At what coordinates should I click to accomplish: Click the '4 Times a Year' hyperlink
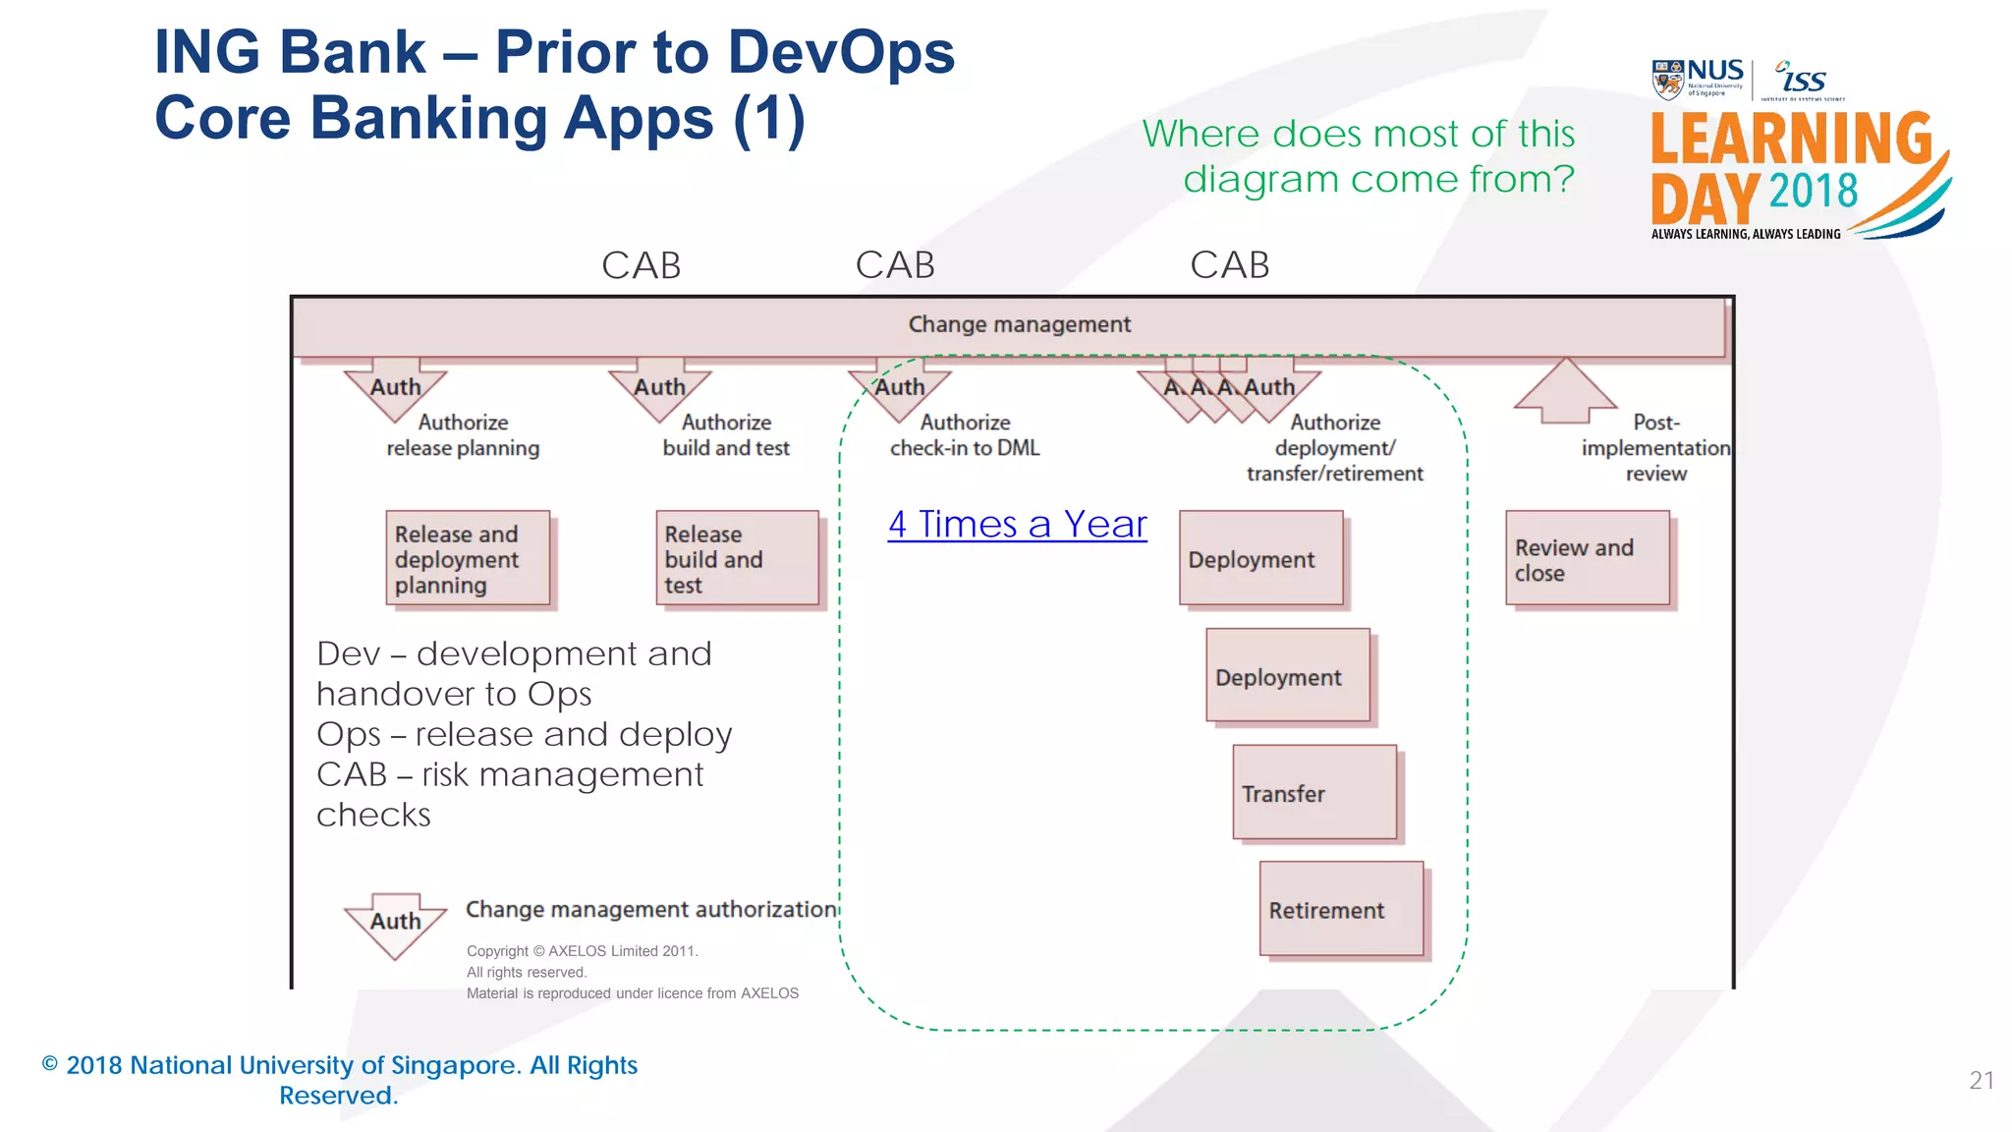click(1017, 525)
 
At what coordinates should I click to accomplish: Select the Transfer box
click(1314, 792)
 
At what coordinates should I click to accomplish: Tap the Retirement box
click(1341, 909)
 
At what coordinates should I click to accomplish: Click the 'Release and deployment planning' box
click(467, 558)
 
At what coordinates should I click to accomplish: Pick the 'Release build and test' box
click(737, 558)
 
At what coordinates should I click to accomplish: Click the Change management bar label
click(1019, 324)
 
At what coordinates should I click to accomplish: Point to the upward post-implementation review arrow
click(1565, 390)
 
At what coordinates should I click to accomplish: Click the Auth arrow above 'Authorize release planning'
click(395, 389)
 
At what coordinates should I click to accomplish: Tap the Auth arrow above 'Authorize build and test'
click(659, 389)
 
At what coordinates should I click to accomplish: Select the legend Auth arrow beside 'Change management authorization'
click(395, 924)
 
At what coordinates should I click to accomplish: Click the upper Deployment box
click(1260, 558)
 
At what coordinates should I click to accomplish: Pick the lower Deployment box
click(1287, 676)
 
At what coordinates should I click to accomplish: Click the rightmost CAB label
click(1229, 265)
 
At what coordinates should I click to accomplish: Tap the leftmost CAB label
click(641, 265)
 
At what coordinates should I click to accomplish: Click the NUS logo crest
click(1667, 80)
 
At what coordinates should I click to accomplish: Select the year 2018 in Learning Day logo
click(1813, 192)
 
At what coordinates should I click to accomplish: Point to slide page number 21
click(1981, 1081)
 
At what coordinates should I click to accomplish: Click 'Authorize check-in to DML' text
click(965, 435)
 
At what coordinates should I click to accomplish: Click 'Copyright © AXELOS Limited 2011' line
click(582, 951)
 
